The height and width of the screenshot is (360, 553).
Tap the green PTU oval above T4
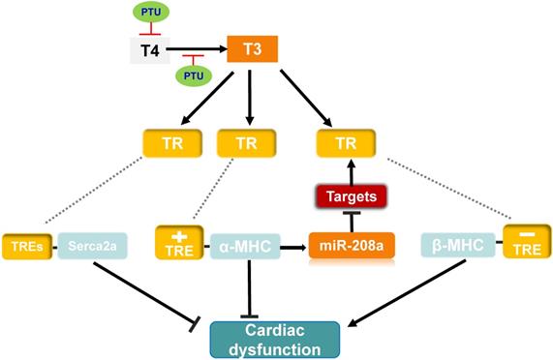(x=149, y=12)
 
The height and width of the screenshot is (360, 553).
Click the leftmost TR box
(x=169, y=143)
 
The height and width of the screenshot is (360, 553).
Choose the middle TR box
(x=247, y=143)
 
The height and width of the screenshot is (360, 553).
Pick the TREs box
(x=28, y=244)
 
